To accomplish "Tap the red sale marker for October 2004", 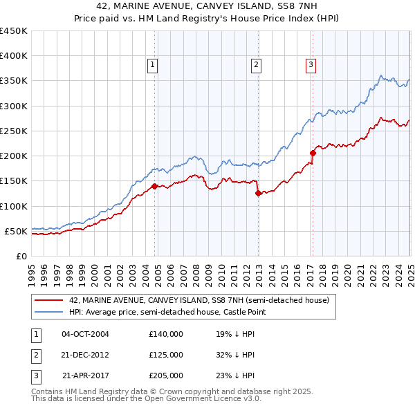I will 154,186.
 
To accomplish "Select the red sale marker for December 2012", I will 258,194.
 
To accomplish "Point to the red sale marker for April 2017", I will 313,154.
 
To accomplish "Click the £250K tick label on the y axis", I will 14,131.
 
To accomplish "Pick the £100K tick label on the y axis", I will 14,206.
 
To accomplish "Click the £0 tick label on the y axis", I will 21,256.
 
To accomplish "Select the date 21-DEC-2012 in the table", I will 86,355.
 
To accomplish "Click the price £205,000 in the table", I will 166,376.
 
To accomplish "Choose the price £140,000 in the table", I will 166,333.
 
